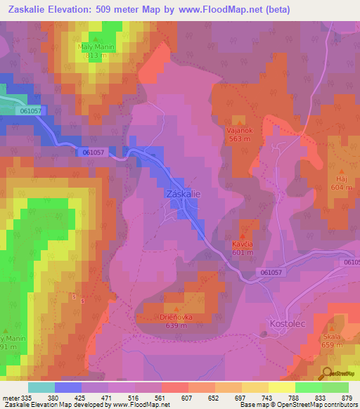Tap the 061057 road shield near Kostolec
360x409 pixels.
pos(271,272)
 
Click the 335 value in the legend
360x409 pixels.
pos(28,397)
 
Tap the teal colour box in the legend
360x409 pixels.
pos(41,387)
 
